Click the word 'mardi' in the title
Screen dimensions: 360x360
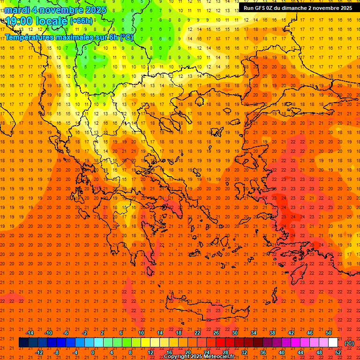(17, 10)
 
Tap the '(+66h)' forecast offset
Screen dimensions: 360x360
(81, 21)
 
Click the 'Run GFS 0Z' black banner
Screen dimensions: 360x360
(298, 8)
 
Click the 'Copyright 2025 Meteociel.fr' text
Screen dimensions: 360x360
(199, 357)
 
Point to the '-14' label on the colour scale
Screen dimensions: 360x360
(30, 333)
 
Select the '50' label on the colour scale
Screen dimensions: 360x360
(329, 333)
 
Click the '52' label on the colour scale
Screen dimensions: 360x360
(338, 352)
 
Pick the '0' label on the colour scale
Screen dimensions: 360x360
(93, 352)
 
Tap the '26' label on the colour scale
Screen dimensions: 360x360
(216, 333)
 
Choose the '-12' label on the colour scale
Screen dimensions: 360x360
(39, 352)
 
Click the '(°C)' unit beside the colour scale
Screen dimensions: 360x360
(349, 343)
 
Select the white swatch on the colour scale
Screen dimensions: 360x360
(333, 343)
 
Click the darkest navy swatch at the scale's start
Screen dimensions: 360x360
(23, 343)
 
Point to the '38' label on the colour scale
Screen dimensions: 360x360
(272, 333)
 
